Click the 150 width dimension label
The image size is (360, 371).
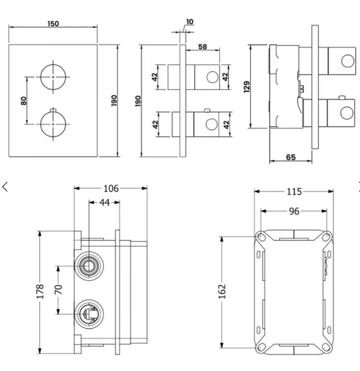point(53,23)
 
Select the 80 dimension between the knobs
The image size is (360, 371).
point(23,101)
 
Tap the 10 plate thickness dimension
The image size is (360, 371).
point(190,22)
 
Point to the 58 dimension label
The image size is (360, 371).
point(203,47)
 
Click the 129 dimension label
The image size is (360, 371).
point(246,87)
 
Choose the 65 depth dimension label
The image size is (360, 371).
point(290,157)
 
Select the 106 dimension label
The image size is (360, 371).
point(111,188)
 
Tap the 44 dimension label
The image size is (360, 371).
point(105,203)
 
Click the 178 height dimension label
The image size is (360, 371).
point(40,291)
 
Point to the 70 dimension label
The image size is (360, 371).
point(58,290)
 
